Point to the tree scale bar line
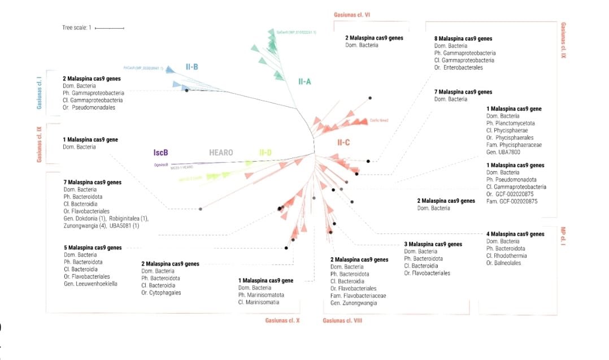110,27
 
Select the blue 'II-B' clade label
192,67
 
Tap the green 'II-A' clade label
304,81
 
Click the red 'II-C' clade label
343,142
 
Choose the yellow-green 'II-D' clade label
265,152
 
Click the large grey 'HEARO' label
221,152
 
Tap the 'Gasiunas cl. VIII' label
342,320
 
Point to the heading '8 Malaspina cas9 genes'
463,39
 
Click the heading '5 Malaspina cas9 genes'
93,248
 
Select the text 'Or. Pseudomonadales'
89,107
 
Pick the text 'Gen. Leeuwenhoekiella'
90,284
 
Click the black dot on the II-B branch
186,90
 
